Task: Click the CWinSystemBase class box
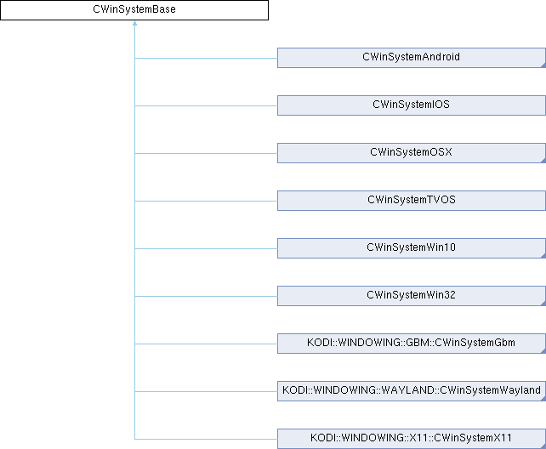click(134, 10)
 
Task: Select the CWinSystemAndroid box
click(412, 58)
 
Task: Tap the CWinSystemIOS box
click(412, 105)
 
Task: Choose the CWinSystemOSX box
click(412, 153)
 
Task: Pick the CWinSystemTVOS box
click(412, 201)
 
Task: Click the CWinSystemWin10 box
click(412, 248)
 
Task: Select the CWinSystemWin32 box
click(412, 296)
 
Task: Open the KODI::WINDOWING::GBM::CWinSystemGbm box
click(412, 344)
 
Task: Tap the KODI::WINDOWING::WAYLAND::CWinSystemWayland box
click(412, 391)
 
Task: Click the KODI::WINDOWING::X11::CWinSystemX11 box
click(412, 439)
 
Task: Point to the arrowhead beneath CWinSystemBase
click(134, 23)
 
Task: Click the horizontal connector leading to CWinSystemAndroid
click(206, 58)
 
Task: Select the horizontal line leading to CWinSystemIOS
click(206, 105)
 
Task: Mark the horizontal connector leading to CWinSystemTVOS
click(206, 201)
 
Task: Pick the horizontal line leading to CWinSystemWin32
click(206, 296)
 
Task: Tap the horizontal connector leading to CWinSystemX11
click(206, 440)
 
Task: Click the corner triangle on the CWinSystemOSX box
click(544, 161)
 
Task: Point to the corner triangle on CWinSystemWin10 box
click(544, 256)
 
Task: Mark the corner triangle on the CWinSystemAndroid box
click(544, 65)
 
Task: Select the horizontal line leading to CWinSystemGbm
click(206, 344)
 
